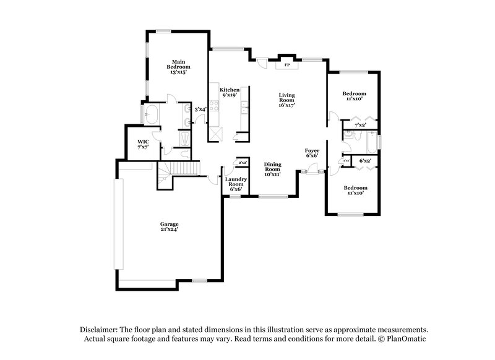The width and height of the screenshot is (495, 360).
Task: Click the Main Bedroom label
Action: click(x=178, y=67)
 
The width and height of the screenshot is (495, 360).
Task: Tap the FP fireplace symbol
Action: click(x=286, y=64)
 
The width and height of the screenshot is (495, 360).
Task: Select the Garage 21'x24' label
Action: click(x=170, y=226)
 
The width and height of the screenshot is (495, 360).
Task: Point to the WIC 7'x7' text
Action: click(x=143, y=145)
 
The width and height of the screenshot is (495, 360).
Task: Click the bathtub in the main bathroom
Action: click(x=151, y=114)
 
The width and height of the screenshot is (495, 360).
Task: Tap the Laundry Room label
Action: click(x=235, y=184)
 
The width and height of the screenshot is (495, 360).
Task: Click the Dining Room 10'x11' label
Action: click(x=273, y=169)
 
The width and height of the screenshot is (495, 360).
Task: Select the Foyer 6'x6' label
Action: click(x=312, y=153)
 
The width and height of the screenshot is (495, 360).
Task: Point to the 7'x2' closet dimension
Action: click(x=360, y=125)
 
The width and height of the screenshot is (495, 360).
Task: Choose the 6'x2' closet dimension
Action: click(x=365, y=161)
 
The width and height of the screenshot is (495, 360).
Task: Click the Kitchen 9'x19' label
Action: click(x=229, y=93)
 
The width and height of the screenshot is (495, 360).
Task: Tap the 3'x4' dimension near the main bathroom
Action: click(x=200, y=109)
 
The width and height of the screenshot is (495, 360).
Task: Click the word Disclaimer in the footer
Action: click(x=101, y=330)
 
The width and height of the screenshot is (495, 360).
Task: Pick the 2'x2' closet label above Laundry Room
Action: click(x=243, y=163)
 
